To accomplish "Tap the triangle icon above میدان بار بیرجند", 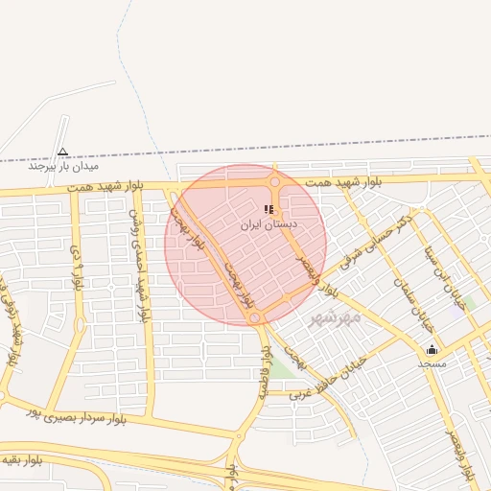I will point(63,151).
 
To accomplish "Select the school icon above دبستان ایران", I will point(269,209).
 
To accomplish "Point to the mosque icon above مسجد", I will point(432,350).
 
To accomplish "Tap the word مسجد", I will point(432,364).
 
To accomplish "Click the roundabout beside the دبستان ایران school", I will point(275,182).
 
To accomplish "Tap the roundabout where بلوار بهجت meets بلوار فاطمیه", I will point(253,316).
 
